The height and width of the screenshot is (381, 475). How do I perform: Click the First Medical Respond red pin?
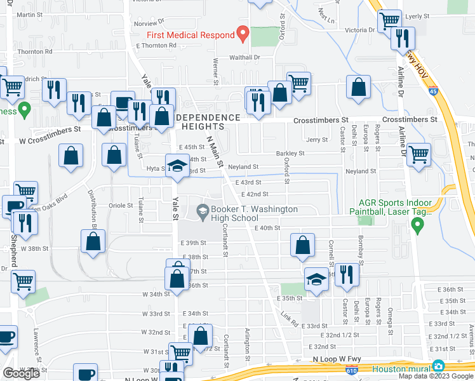(242, 32)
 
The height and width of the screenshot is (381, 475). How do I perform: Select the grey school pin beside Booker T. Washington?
(203, 210)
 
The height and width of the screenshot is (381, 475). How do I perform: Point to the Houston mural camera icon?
(438, 366)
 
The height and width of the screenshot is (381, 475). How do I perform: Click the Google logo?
(22, 374)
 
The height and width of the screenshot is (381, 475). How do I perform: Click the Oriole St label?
(121, 205)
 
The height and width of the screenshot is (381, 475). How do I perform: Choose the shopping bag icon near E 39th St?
(303, 245)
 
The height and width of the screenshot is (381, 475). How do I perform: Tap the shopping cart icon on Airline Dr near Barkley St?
(418, 154)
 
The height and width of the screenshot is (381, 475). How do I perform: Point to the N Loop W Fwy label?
(334, 359)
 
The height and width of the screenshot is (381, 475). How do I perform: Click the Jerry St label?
(316, 140)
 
